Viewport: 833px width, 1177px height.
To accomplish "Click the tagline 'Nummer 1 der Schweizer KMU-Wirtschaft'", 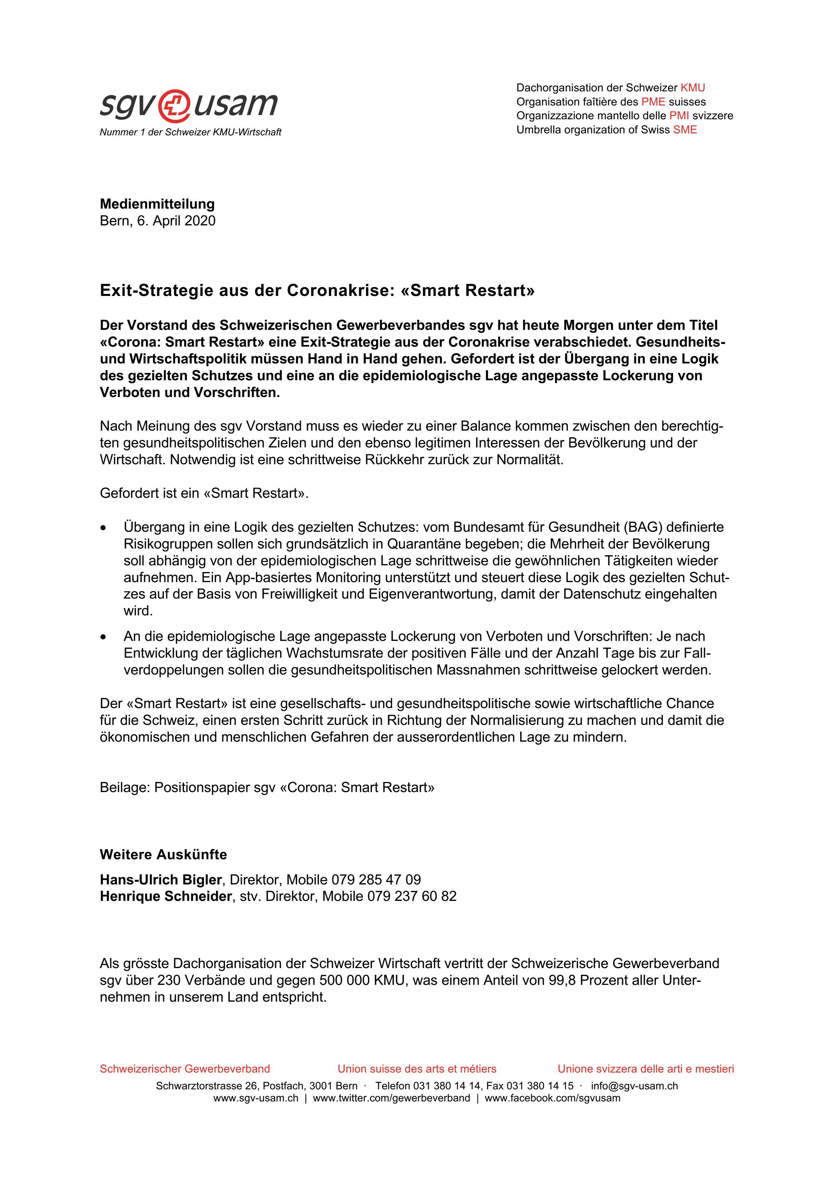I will pyautogui.click(x=190, y=132).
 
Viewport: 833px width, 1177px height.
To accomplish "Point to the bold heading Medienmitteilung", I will pyautogui.click(x=157, y=204).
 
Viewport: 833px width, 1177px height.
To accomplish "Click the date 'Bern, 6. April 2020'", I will pyautogui.click(x=158, y=221).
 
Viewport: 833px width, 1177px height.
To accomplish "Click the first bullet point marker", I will pyautogui.click(x=104, y=527).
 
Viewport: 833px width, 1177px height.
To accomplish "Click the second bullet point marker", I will pyautogui.click(x=104, y=637).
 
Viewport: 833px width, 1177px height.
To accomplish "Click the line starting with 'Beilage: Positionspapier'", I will pyautogui.click(x=267, y=787).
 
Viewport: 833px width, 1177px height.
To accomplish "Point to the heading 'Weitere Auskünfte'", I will pyautogui.click(x=163, y=855).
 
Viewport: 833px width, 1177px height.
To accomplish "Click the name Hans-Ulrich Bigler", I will pyautogui.click(x=161, y=880).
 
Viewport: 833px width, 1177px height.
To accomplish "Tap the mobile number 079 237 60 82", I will pyautogui.click(x=412, y=896).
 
